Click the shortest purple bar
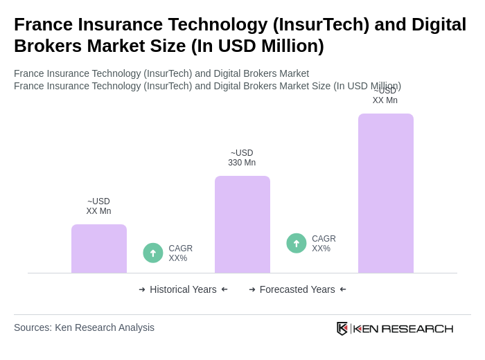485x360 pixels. coord(99,249)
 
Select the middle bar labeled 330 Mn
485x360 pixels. coord(242,224)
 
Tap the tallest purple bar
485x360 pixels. coord(386,193)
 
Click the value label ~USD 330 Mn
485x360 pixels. coord(242,158)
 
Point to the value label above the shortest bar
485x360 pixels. coord(98,206)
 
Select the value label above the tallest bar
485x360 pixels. coord(385,96)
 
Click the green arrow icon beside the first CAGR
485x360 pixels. coord(153,253)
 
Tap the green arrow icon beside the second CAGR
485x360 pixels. coord(297,243)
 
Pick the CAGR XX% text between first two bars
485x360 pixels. coord(181,253)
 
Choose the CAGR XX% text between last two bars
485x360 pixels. coord(324,244)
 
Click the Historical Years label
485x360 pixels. coord(183,289)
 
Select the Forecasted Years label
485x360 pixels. coord(297,289)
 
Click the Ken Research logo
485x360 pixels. coord(395,328)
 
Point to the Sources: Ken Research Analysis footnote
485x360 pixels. coord(84,327)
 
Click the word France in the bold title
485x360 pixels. coord(44,24)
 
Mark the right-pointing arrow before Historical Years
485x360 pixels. coord(142,289)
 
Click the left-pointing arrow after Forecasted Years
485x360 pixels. coord(343,289)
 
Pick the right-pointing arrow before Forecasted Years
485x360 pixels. coord(252,289)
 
